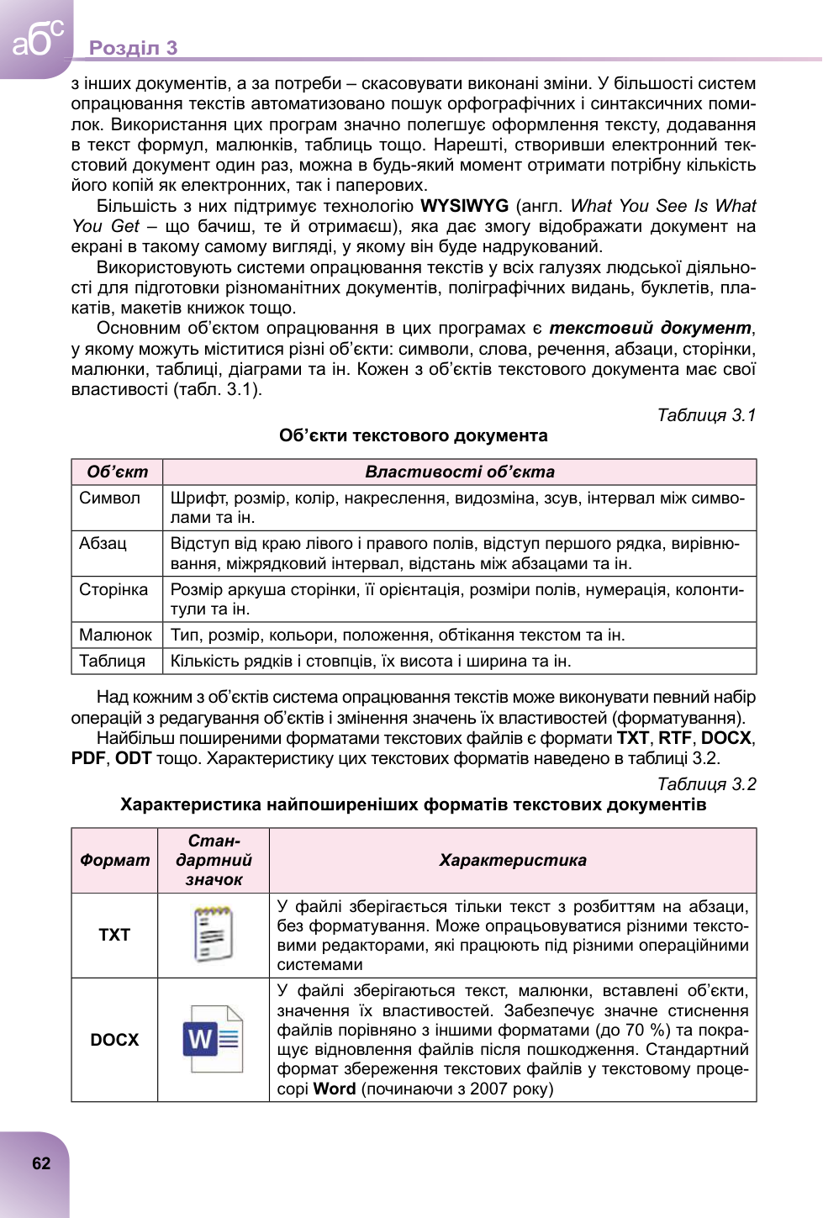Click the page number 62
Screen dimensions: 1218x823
point(41,1163)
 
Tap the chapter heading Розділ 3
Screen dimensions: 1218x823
point(133,48)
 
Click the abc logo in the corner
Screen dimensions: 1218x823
point(37,38)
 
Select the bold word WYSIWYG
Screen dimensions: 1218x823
point(464,206)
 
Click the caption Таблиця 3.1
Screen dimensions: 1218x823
point(706,415)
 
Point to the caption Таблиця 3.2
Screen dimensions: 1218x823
point(706,784)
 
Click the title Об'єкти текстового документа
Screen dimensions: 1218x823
point(413,435)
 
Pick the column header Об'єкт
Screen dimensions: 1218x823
point(117,472)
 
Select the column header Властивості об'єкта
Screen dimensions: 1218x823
point(459,472)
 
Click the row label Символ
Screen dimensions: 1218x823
point(109,498)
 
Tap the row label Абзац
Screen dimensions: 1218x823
point(103,543)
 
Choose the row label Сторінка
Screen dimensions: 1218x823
point(113,589)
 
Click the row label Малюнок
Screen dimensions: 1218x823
point(115,635)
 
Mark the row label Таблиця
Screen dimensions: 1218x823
point(112,661)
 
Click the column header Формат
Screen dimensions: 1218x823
point(114,860)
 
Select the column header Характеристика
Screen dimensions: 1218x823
point(512,860)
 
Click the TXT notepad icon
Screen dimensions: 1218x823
point(213,934)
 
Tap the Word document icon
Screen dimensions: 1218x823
point(213,1039)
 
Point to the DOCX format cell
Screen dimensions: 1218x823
point(114,1040)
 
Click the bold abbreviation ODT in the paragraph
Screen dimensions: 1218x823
point(133,758)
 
